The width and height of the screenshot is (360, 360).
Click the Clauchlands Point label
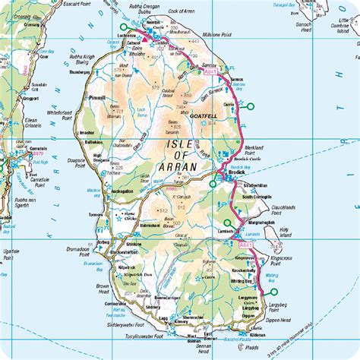pyautogui.click(x=283, y=204)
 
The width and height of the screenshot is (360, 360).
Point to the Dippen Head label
pyautogui.click(x=284, y=321)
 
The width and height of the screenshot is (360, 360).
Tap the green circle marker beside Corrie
pyautogui.click(x=241, y=106)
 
